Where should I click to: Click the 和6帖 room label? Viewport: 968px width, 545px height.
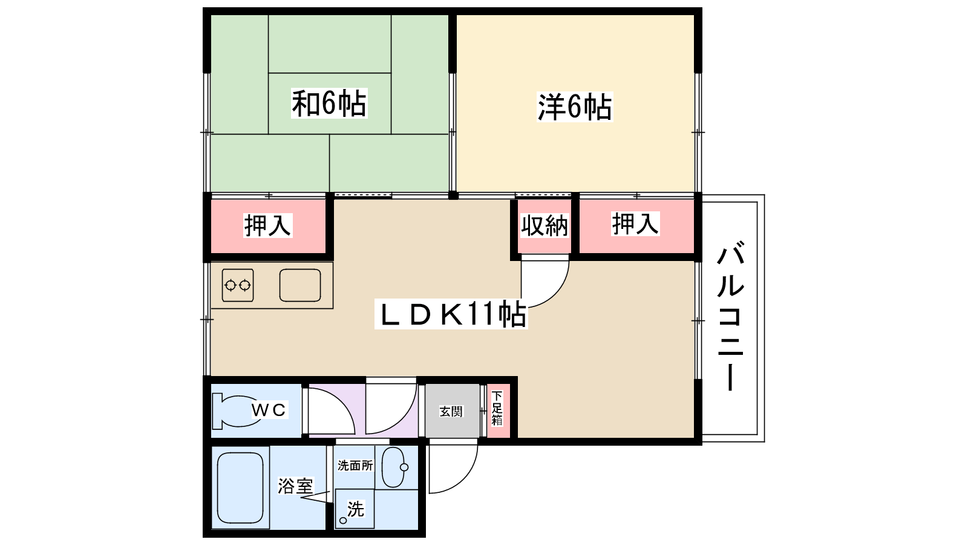[329, 104]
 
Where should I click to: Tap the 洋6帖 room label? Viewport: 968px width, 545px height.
[574, 107]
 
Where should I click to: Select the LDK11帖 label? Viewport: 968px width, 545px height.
[451, 314]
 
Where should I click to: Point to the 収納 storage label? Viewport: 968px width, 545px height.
[544, 225]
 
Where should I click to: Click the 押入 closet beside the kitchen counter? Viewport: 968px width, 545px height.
[268, 225]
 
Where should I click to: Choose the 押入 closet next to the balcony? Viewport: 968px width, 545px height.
[636, 225]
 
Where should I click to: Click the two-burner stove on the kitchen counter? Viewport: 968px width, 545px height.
[238, 285]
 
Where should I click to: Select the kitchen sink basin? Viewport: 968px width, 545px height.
[300, 285]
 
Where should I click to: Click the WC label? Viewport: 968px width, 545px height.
[269, 409]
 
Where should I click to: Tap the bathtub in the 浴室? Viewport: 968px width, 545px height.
[240, 487]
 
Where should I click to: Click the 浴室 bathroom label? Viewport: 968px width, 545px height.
[296, 486]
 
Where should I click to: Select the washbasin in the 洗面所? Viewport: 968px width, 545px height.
[394, 467]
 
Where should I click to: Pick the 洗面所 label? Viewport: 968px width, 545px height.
[355, 466]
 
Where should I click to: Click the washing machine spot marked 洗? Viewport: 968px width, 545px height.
[355, 509]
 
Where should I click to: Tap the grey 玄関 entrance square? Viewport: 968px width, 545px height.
[452, 411]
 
